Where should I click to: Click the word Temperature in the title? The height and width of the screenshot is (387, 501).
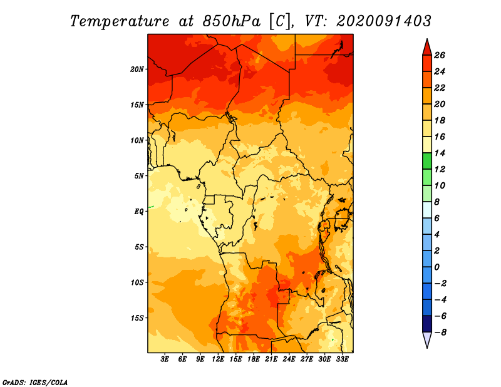tap(120, 21)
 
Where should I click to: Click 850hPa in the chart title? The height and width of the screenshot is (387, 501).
tap(232, 21)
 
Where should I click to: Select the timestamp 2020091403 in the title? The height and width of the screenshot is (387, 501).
tap(384, 21)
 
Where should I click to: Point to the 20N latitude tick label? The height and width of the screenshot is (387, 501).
tap(137, 70)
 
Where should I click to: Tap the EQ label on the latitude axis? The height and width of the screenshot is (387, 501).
tap(139, 212)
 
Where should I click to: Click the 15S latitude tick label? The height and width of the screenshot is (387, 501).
tap(137, 318)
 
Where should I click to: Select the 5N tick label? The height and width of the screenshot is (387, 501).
tap(139, 176)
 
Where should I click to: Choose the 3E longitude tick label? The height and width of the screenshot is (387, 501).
tap(165, 359)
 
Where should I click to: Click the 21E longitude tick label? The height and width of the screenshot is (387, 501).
tap(271, 359)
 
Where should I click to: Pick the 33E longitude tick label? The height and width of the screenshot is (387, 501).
tap(342, 359)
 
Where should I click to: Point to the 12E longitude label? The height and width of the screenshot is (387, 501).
tap(218, 359)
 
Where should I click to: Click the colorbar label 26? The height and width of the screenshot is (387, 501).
tap(440, 55)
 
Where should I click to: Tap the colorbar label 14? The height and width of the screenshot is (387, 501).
tap(440, 153)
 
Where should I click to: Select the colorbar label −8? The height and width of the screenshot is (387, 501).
tap(440, 333)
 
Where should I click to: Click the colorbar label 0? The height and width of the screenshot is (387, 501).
tap(436, 267)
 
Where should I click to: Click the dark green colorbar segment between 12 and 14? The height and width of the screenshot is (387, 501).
tap(427, 161)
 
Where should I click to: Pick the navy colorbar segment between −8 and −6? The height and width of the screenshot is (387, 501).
tap(427, 324)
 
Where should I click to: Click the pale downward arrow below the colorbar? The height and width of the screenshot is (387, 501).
tap(427, 339)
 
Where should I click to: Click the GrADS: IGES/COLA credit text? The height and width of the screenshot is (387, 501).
tap(35, 382)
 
